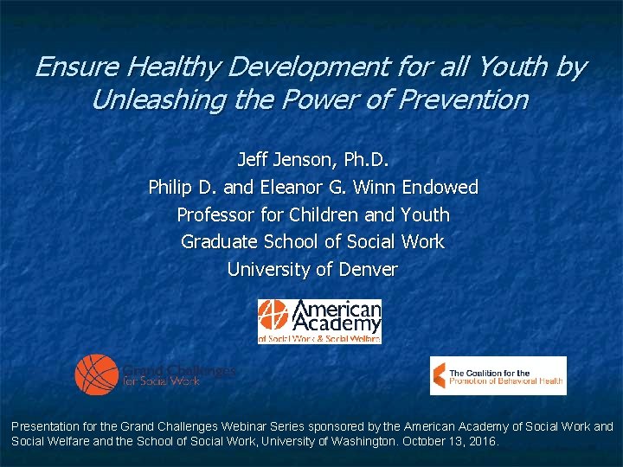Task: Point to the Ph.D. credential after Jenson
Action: pos(367,160)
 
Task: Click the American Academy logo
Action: pos(319,321)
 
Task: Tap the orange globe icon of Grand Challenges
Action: pos(96,374)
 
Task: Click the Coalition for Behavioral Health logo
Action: pos(498,375)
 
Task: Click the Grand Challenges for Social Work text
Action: pos(177,374)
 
